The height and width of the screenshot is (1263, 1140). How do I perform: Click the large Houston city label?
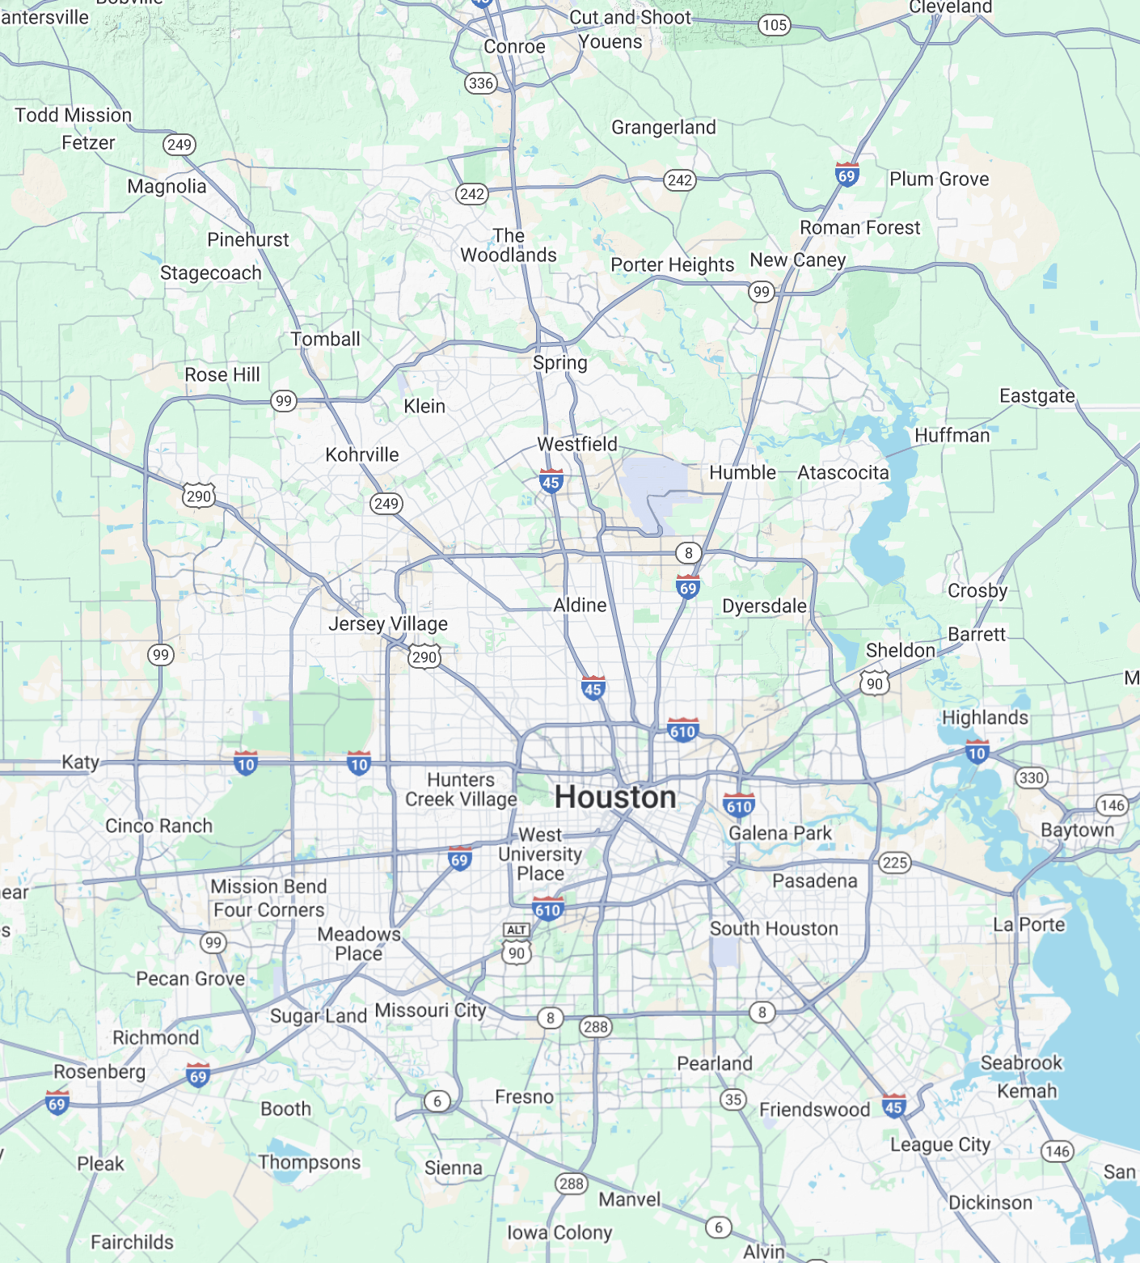(x=615, y=797)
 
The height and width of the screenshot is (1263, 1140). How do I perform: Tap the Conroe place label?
(x=514, y=47)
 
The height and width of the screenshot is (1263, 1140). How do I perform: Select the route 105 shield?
(x=774, y=25)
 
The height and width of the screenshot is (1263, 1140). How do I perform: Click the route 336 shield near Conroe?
(x=480, y=83)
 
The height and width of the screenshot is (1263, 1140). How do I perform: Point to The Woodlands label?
(x=509, y=246)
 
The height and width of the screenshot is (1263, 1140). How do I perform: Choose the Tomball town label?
(x=325, y=340)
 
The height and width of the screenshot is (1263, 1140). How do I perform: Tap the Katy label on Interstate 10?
(x=80, y=762)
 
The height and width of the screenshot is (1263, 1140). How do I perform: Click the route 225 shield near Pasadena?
(x=895, y=862)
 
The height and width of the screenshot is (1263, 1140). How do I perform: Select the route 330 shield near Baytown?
(x=1031, y=778)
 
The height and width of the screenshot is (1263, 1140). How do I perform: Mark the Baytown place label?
(x=1077, y=830)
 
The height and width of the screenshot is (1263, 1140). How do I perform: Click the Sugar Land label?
(x=319, y=1016)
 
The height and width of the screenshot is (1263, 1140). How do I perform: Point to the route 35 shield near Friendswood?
(x=733, y=1099)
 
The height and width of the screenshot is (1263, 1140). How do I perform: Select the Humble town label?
(x=742, y=473)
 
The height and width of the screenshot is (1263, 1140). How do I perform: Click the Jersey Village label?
(x=388, y=624)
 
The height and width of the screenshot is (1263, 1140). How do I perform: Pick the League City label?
(x=939, y=1145)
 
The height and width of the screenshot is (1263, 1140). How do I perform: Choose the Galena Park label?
(x=780, y=834)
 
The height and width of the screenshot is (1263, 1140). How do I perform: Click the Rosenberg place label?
(x=99, y=1072)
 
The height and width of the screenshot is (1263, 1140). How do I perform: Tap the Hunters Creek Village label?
(x=461, y=790)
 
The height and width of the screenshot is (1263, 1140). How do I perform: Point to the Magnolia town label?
(x=167, y=187)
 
